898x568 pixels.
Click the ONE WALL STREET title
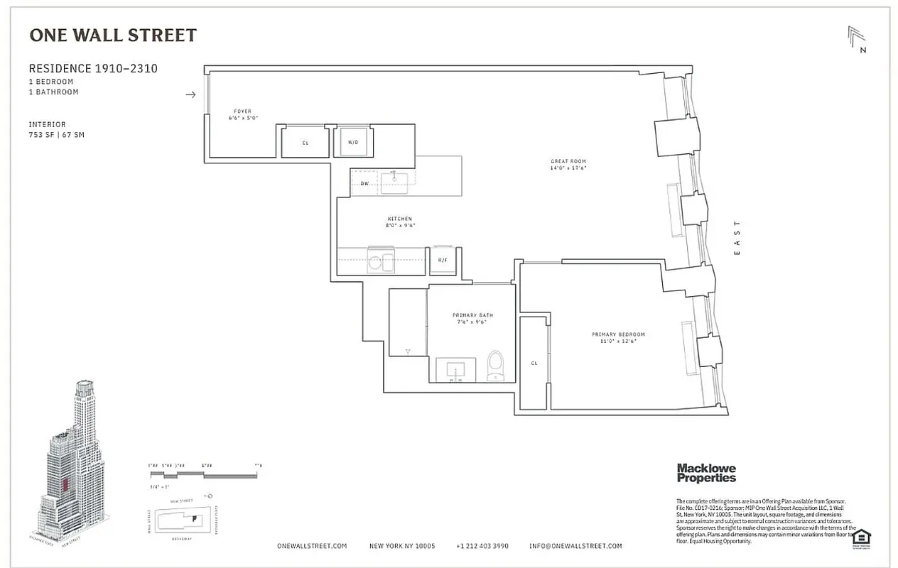[x=112, y=35]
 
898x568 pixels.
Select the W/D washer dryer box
[x=352, y=142]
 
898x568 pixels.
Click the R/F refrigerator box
[x=443, y=261]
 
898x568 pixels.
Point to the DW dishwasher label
[x=364, y=183]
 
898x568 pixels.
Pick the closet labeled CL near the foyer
[x=305, y=142]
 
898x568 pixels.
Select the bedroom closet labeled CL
[x=534, y=363]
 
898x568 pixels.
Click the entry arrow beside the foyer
[x=190, y=94]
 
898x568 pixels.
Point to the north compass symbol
[x=857, y=39]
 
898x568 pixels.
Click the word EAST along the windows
[x=737, y=238]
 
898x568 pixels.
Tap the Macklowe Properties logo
[x=706, y=473]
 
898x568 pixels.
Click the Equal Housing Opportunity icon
[x=862, y=537]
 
